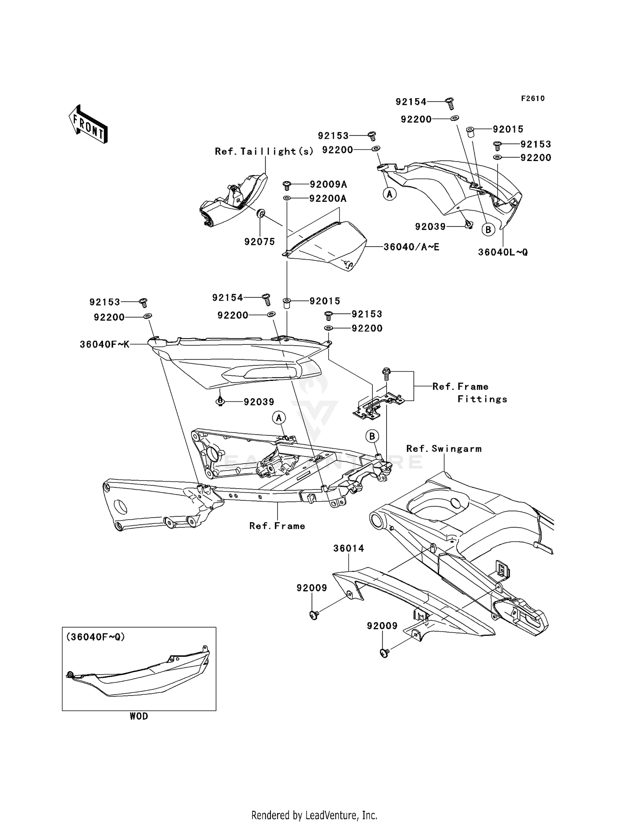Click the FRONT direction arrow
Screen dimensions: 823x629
click(88, 125)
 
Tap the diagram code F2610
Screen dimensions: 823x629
click(533, 99)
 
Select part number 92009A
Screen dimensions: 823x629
click(328, 185)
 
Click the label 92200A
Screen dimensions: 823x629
click(327, 198)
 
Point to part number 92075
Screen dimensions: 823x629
click(260, 242)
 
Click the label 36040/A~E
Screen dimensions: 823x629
click(411, 247)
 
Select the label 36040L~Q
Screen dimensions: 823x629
click(503, 253)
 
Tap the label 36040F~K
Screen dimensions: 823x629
click(104, 345)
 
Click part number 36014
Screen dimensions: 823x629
click(349, 548)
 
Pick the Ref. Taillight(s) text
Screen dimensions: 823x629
click(264, 151)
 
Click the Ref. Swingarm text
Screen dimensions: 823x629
click(444, 449)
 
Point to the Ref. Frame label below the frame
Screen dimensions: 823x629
click(277, 526)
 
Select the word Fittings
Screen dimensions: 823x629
click(482, 399)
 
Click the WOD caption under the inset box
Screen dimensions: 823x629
click(139, 716)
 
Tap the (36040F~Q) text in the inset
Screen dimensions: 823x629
click(96, 637)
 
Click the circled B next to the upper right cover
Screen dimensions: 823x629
click(488, 229)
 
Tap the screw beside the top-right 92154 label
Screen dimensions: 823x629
click(450, 103)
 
